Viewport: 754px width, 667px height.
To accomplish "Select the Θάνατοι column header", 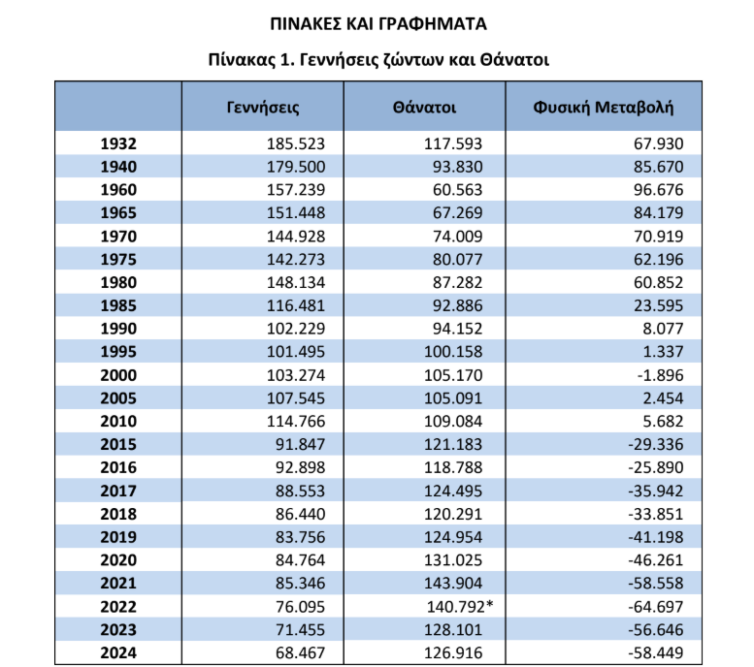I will (x=425, y=107).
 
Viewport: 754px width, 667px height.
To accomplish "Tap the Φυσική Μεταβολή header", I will (x=603, y=107).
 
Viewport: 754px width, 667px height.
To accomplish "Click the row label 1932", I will (x=118, y=143).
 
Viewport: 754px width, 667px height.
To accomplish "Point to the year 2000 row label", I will (x=118, y=375).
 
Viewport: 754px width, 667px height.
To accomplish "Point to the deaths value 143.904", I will (x=452, y=584).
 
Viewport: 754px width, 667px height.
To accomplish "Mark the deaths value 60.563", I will (x=456, y=190).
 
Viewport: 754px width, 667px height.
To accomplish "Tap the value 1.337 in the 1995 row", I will (x=663, y=352).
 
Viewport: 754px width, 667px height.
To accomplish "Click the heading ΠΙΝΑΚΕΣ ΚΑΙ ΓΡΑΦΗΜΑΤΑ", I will (x=377, y=21).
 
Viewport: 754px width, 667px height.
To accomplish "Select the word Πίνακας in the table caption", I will (x=240, y=58).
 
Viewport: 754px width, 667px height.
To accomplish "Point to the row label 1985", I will (x=118, y=305).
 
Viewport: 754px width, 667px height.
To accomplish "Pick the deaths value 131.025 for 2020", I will (x=452, y=560).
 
